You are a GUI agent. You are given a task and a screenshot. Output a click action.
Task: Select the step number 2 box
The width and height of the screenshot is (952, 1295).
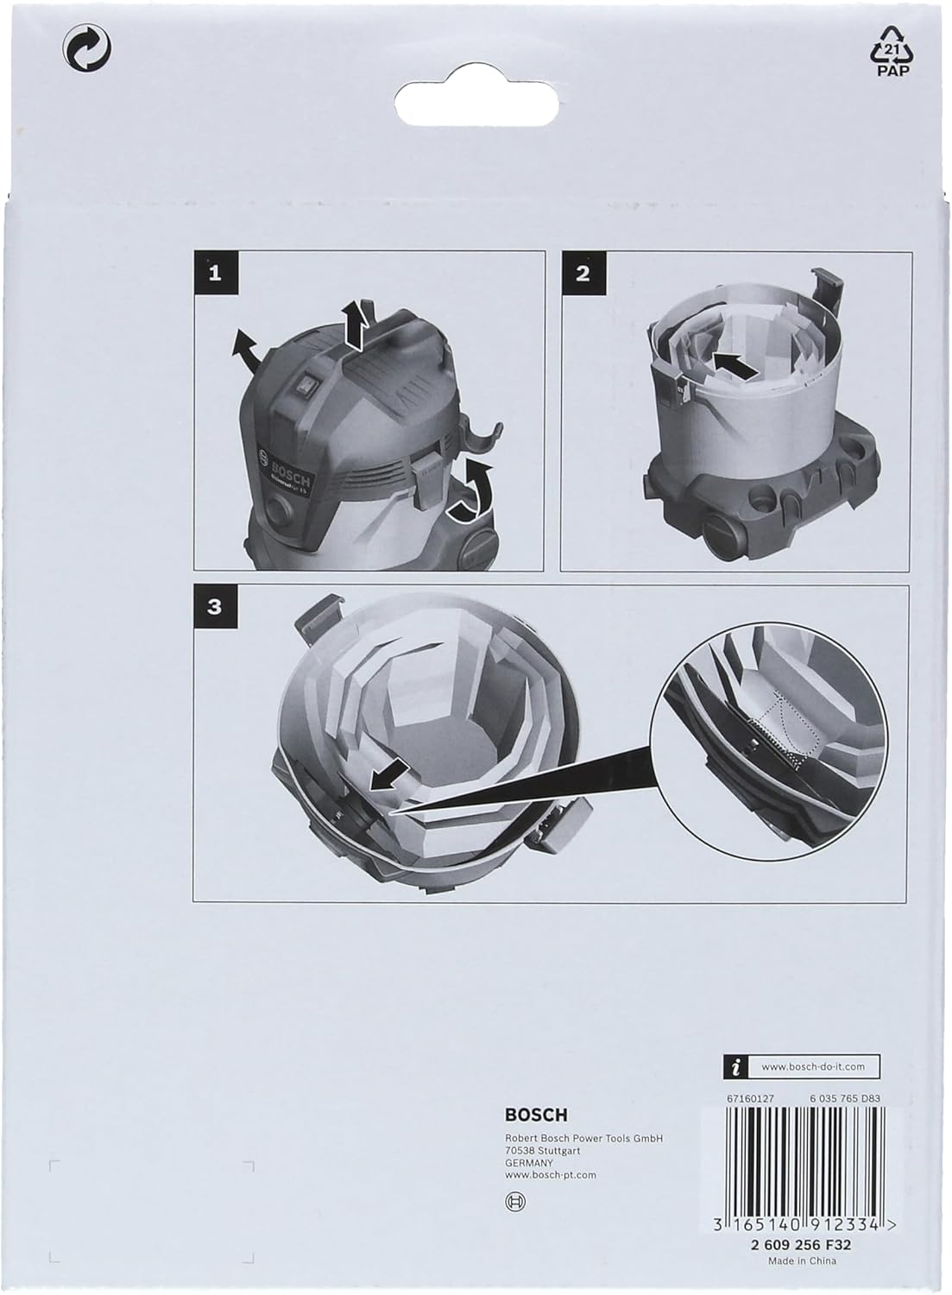pyautogui.click(x=583, y=274)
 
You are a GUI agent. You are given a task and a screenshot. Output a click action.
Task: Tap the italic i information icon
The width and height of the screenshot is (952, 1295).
pyautogui.click(x=734, y=1068)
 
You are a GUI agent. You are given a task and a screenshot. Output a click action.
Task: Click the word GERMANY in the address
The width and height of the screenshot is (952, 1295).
pyautogui.click(x=528, y=1162)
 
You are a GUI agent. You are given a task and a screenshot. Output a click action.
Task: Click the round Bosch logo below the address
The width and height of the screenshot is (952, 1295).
pyautogui.click(x=516, y=1201)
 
